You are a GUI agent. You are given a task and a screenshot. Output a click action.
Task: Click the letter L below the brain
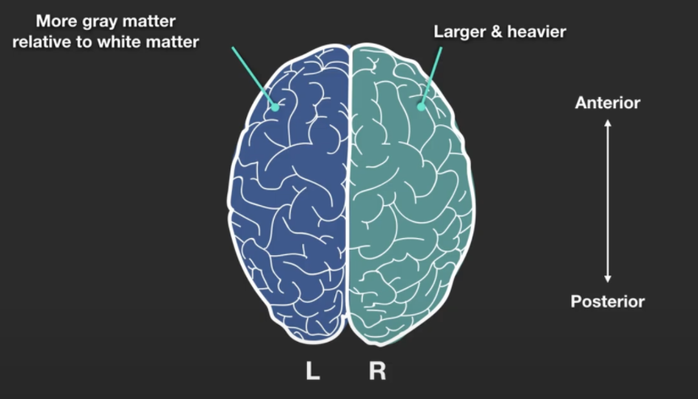pyautogui.click(x=312, y=372)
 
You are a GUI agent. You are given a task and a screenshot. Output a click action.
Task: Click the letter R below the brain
pyautogui.click(x=377, y=372)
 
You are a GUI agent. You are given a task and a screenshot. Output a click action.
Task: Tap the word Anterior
pyautogui.click(x=608, y=103)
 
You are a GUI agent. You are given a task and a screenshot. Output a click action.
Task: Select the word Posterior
pyautogui.click(x=608, y=302)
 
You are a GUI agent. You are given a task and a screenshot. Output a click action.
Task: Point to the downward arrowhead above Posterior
pyautogui.click(x=608, y=279)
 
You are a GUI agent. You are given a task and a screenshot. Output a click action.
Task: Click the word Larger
pyautogui.click(x=458, y=32)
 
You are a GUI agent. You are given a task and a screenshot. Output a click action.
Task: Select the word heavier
pyautogui.click(x=537, y=32)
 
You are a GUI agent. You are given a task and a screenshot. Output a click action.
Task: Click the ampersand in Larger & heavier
pyautogui.click(x=496, y=32)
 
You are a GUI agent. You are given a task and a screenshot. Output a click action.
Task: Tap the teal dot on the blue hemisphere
pyautogui.click(x=275, y=105)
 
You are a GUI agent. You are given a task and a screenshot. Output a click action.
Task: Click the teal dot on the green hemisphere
pyautogui.click(x=421, y=106)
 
